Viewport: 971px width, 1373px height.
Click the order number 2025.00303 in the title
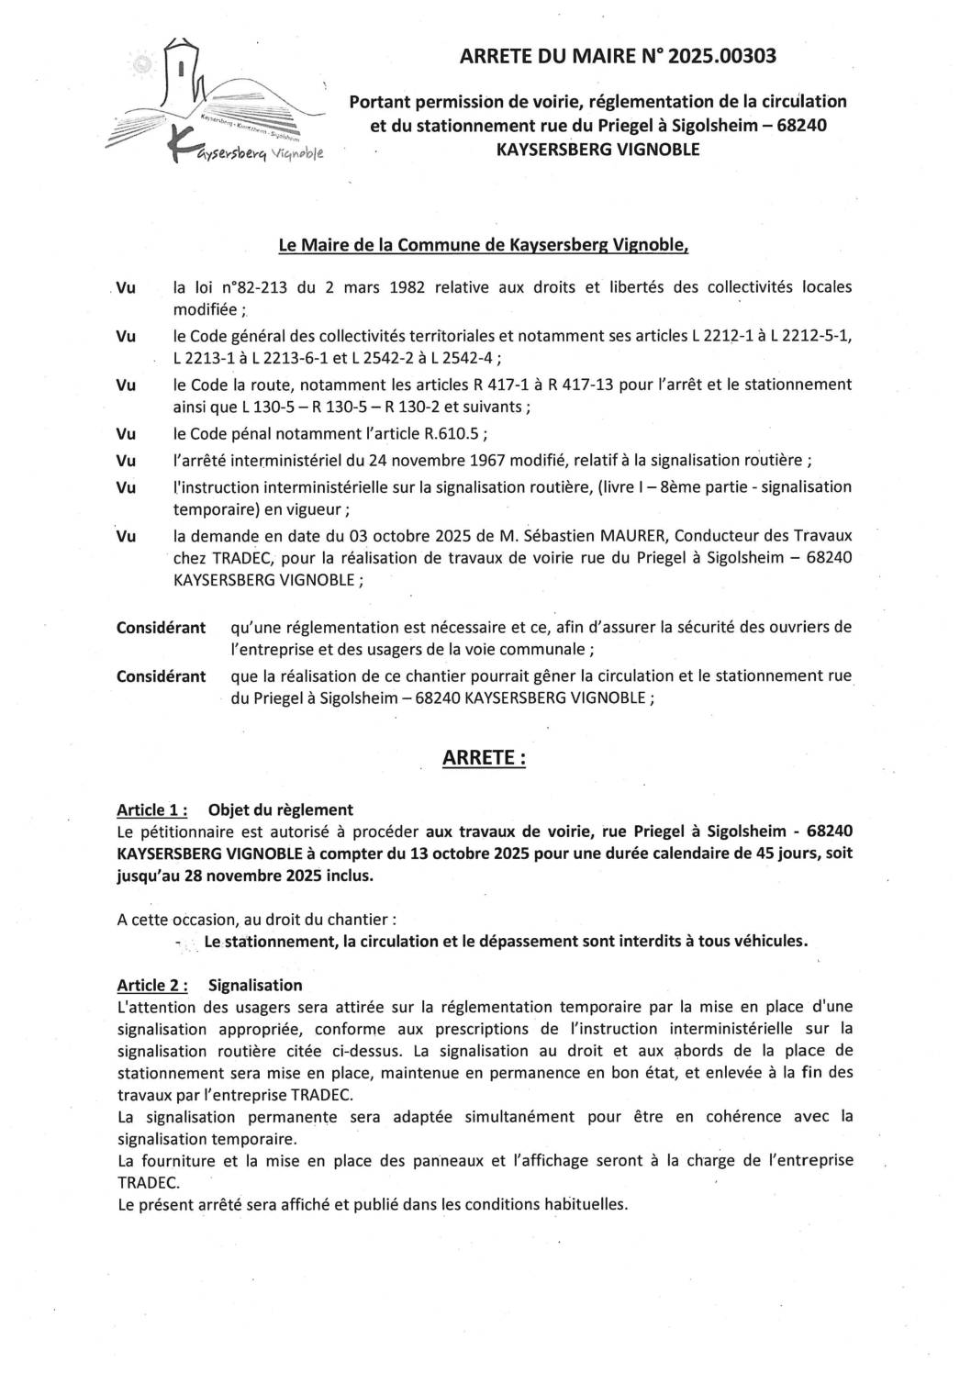pyautogui.click(x=722, y=57)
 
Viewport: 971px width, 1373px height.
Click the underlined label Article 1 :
pyautogui.click(x=152, y=809)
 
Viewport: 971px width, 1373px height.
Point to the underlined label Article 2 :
pyautogui.click(x=152, y=985)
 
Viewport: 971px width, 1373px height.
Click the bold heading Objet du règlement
pyautogui.click(x=281, y=809)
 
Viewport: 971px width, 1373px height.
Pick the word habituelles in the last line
pyautogui.click(x=582, y=1204)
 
